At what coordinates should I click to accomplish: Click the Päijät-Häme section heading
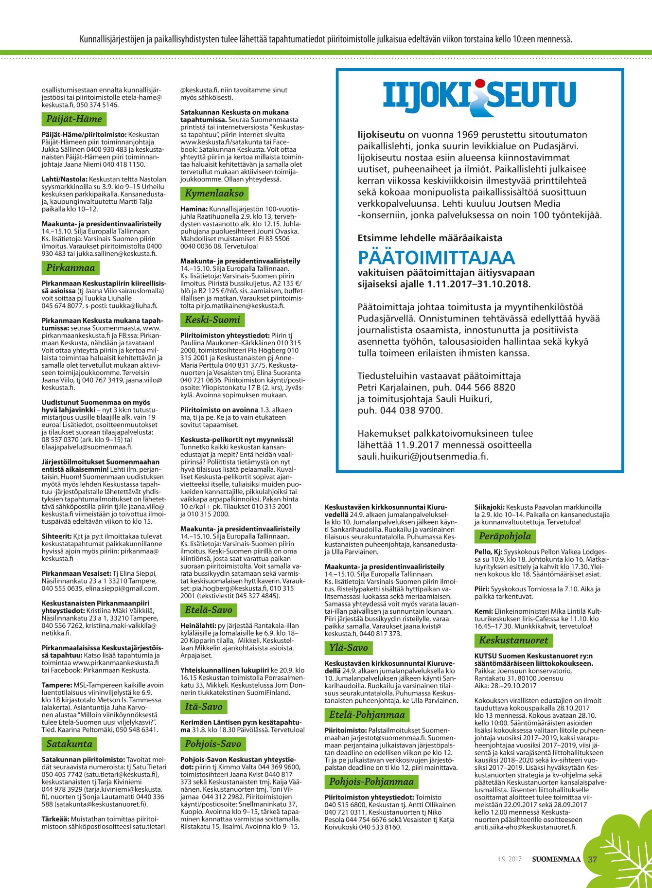[x=74, y=119]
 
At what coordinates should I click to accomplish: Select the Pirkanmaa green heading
[x=70, y=268]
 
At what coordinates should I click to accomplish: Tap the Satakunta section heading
[x=69, y=744]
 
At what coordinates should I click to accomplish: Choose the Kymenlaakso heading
[x=214, y=193]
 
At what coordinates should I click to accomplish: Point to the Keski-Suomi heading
[x=212, y=320]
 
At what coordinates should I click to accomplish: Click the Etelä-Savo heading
[x=209, y=610]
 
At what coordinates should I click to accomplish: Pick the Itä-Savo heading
[x=204, y=707]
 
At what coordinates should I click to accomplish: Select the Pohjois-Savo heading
[x=213, y=744]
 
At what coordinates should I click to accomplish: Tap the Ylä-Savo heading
[x=348, y=648]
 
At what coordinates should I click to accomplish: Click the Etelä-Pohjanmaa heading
[x=367, y=715]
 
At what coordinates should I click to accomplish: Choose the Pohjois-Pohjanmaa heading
[x=371, y=782]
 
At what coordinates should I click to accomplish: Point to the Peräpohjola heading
[x=505, y=536]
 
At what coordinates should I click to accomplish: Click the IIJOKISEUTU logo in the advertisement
[x=479, y=96]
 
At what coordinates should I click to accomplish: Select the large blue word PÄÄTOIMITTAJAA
[x=436, y=257]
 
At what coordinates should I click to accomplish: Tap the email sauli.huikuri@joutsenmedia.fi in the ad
[x=423, y=456]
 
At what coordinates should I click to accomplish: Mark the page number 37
[x=592, y=859]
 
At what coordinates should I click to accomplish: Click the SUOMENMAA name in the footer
[x=556, y=859]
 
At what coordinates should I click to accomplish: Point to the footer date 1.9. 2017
[x=509, y=859]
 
